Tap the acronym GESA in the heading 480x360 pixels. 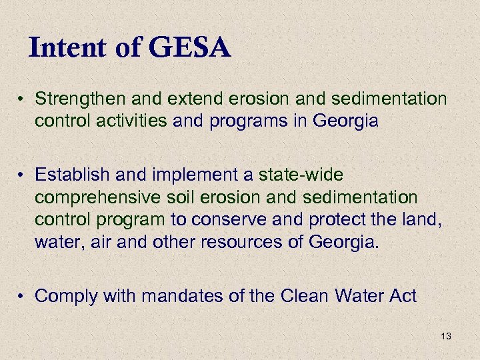coord(190,48)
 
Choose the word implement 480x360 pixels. coord(182,175)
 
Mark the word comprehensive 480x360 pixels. coord(97,198)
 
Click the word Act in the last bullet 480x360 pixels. coord(402,296)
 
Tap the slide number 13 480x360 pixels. coord(446,337)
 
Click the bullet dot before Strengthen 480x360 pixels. coord(22,101)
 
